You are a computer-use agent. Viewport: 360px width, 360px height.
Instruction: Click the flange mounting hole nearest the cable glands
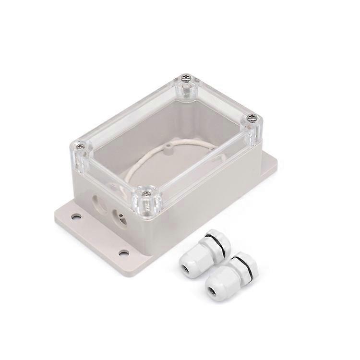pyautogui.click(x=123, y=252)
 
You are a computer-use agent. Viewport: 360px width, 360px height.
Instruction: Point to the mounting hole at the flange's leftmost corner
pyautogui.click(x=76, y=216)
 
